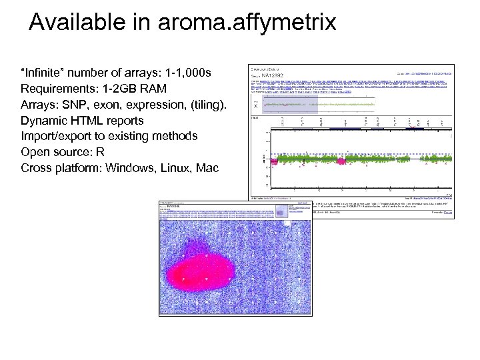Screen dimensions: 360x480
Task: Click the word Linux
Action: point(175,168)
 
